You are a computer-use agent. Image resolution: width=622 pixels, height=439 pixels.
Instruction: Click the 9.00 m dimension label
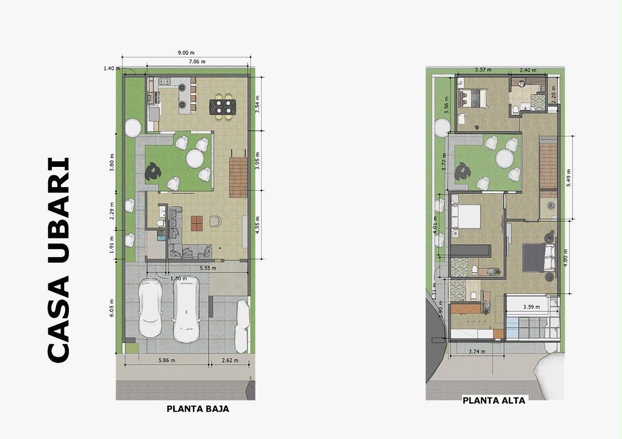click(x=186, y=52)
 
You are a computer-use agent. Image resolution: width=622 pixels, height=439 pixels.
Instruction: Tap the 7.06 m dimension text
click(x=197, y=61)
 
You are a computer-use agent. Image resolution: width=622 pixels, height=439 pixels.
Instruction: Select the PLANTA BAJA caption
click(x=197, y=409)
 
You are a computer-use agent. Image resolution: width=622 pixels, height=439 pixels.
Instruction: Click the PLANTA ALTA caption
click(x=493, y=401)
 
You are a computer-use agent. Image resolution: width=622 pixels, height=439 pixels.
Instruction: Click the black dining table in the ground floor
click(x=223, y=107)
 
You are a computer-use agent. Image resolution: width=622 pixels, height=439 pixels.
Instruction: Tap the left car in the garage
click(x=150, y=308)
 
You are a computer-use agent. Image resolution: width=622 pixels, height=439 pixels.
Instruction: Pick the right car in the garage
click(x=186, y=309)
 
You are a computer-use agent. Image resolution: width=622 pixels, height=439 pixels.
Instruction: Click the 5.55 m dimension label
click(x=208, y=268)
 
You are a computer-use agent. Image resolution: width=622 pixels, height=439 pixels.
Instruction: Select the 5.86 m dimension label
click(x=166, y=360)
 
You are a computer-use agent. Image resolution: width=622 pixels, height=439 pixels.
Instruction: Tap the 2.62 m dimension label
click(x=230, y=360)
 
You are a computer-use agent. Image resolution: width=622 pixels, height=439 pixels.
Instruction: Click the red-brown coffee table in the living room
click(x=196, y=223)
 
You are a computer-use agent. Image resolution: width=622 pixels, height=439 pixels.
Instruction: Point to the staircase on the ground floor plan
click(x=238, y=177)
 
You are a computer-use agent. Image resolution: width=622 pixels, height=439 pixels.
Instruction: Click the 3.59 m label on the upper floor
click(x=531, y=307)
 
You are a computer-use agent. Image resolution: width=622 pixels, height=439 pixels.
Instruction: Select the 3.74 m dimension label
click(x=477, y=351)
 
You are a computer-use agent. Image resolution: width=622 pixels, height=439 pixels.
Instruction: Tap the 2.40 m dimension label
click(x=528, y=70)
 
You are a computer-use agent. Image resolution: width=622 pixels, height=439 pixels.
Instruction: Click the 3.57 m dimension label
click(x=483, y=69)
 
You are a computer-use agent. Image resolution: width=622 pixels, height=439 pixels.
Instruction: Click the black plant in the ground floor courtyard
click(x=152, y=172)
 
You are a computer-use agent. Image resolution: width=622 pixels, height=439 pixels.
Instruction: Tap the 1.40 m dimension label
click(x=112, y=68)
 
